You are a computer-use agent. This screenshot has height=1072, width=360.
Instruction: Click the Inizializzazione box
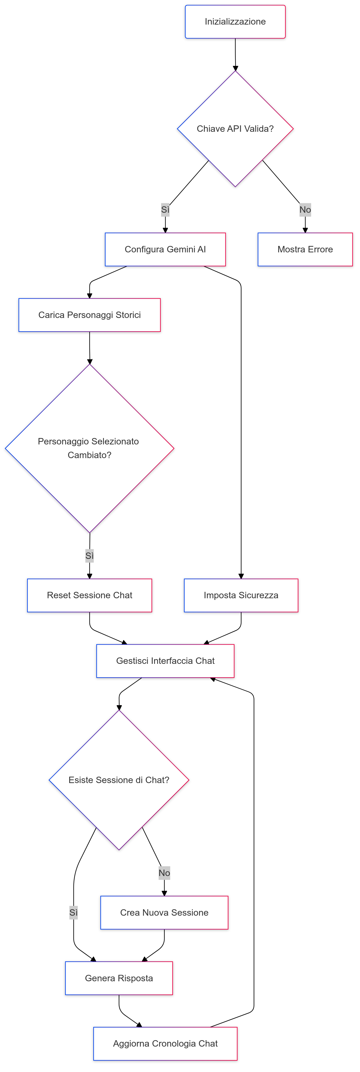(235, 22)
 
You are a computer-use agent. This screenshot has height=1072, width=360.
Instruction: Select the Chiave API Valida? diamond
(235, 129)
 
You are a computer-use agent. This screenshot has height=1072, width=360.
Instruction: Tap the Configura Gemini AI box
(165, 249)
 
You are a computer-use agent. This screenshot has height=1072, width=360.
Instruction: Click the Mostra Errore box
(305, 249)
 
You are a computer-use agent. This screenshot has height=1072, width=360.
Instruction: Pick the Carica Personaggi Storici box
(89, 315)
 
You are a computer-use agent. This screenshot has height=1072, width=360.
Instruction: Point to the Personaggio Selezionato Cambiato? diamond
(89, 448)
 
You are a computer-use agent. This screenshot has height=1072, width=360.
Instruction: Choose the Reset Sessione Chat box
(89, 595)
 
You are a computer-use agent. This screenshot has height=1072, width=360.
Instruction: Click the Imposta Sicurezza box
(241, 595)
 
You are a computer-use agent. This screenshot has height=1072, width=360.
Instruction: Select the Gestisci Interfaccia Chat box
(165, 661)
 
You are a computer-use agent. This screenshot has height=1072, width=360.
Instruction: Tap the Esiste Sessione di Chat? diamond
(119, 780)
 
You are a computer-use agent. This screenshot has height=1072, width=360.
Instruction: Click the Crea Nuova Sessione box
(164, 913)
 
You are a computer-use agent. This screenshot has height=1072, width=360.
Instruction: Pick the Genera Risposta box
(119, 978)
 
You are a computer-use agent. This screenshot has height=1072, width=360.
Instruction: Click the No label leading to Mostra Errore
(305, 210)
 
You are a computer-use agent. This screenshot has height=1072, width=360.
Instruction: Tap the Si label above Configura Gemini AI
(165, 210)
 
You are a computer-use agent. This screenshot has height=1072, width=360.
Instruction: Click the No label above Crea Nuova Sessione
(164, 873)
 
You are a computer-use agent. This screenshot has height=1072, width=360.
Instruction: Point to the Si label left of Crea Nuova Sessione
(74, 913)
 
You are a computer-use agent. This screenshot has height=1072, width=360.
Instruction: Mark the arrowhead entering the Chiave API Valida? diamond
(235, 68)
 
